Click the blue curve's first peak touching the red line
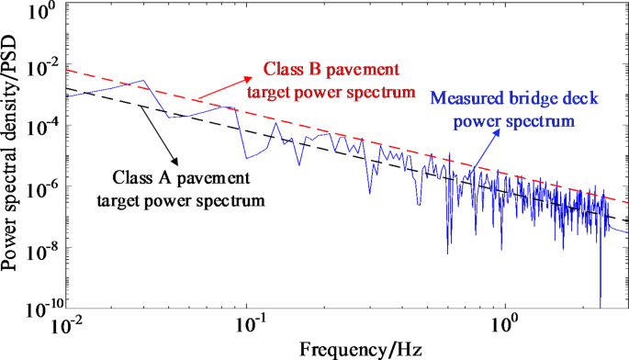[x=140, y=81]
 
